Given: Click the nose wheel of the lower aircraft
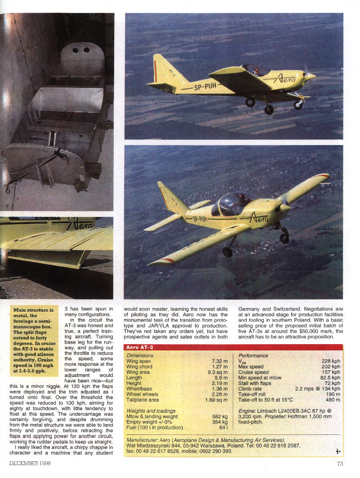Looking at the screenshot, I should coord(284,238).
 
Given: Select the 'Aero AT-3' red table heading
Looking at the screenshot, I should coord(140,347).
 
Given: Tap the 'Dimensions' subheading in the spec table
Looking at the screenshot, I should coord(140,355).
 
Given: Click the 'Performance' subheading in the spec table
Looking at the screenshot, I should coord(253,355).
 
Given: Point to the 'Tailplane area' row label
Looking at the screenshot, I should coord(142,399).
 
